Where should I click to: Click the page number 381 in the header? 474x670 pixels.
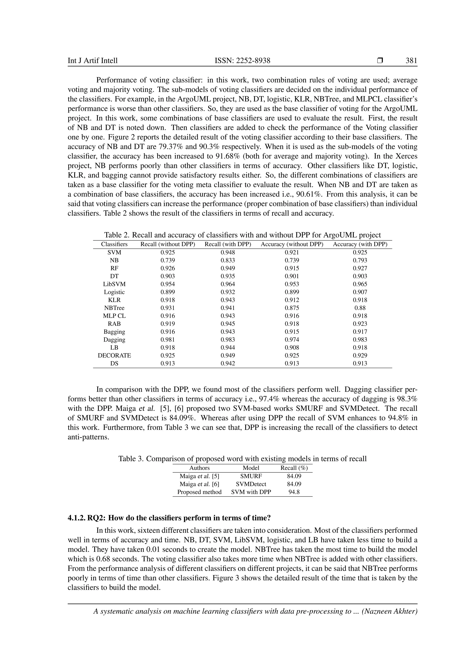[x=411, y=61]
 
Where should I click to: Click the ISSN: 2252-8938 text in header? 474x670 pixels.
[x=242, y=61]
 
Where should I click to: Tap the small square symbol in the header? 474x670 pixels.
[x=380, y=61]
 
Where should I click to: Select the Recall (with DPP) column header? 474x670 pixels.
[x=228, y=244]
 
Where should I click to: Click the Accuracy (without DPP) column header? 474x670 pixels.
[x=292, y=244]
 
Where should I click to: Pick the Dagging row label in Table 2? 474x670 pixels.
[x=114, y=340]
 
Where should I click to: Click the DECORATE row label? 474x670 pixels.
[x=114, y=355]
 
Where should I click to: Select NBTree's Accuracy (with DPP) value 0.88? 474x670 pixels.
[x=360, y=308]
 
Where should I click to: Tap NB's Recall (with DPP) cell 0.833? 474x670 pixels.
[x=228, y=260]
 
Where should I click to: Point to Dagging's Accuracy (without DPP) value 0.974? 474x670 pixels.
[x=292, y=340]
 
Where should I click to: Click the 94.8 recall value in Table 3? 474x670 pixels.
[x=294, y=492]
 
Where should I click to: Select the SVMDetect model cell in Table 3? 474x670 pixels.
[x=251, y=484]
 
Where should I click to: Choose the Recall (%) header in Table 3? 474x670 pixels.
[x=294, y=468]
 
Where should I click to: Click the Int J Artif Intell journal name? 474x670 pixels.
[x=93, y=61]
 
